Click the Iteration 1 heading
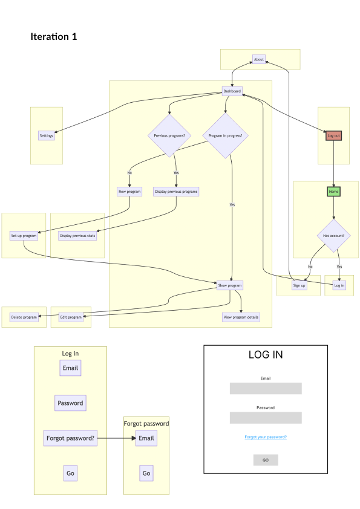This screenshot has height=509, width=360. pyautogui.click(x=54, y=37)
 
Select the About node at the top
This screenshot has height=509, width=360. pyautogui.click(x=259, y=59)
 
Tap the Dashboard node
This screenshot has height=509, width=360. pyautogui.click(x=232, y=91)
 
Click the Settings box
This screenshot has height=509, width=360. pyautogui.click(x=47, y=136)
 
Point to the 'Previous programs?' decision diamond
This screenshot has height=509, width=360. pyautogui.click(x=169, y=136)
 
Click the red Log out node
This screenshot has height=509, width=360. pyautogui.click(x=333, y=136)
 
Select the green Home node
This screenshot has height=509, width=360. pyautogui.click(x=333, y=192)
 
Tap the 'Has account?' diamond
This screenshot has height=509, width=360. pyautogui.click(x=333, y=236)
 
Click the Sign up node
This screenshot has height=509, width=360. pyautogui.click(x=299, y=285)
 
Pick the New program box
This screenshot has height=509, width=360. pyautogui.click(x=129, y=192)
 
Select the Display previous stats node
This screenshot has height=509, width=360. pyautogui.click(x=77, y=236)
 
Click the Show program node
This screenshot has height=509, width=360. pyautogui.click(x=230, y=285)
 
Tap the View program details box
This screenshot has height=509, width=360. pyautogui.click(x=241, y=317)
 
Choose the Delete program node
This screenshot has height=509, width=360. pyautogui.click(x=24, y=317)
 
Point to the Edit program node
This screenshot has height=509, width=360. pyautogui.click(x=71, y=317)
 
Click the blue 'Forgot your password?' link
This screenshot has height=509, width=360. pyautogui.click(x=266, y=436)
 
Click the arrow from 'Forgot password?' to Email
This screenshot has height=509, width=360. pyautogui.click(x=116, y=438)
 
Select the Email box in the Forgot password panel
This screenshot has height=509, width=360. pyautogui.click(x=146, y=438)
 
